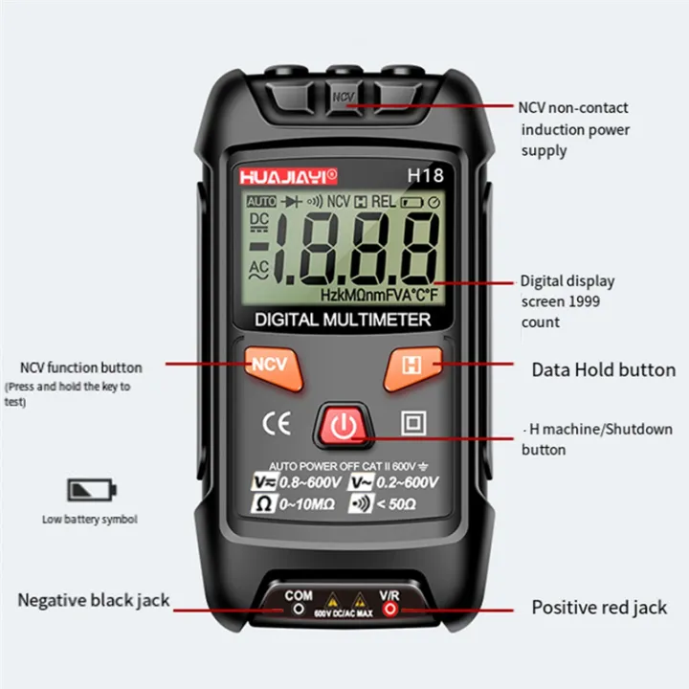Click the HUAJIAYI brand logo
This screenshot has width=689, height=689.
point(284,175)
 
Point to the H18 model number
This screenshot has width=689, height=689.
point(423,175)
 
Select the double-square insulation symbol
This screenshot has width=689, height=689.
point(414,422)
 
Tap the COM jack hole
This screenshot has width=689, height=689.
point(299,609)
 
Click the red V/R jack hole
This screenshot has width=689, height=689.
point(389,610)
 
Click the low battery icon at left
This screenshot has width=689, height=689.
point(91,489)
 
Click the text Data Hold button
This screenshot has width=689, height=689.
point(603,369)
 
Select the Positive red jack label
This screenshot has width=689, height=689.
point(599,607)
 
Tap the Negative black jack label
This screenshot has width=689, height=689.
point(94,600)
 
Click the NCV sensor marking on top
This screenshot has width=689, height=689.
point(344,97)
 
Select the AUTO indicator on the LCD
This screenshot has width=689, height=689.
point(260,202)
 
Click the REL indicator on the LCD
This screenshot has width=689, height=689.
point(383,202)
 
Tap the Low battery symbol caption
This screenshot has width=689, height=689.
point(90,520)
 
